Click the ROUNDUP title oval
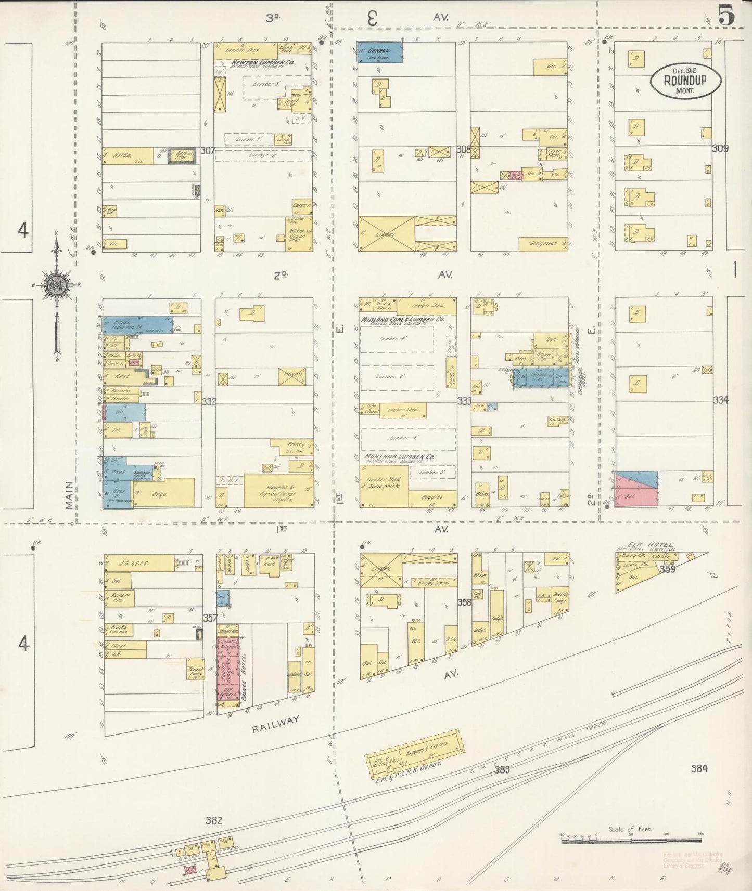[685, 81]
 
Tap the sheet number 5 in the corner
[727, 14]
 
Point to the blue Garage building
[380, 52]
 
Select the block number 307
[208, 151]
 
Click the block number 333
[464, 401]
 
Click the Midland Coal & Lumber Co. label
[402, 318]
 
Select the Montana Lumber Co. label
[399, 456]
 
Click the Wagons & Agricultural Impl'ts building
[278, 490]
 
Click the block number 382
[213, 821]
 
